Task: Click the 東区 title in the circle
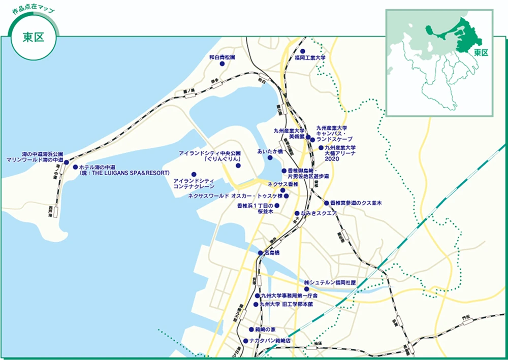coord(34,39)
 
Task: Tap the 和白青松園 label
coord(222,58)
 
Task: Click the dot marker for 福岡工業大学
coord(302,51)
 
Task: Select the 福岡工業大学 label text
coord(310,58)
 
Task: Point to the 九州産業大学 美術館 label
coord(288,134)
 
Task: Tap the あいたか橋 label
coord(270,151)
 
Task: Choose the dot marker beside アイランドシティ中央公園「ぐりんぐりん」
coord(238,166)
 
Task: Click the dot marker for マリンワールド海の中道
coord(67,162)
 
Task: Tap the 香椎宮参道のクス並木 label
coord(356,203)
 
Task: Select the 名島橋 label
coord(272,252)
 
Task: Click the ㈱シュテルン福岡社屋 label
coord(330,282)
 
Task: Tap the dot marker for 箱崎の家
coord(251,329)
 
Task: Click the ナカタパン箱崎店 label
coord(270,341)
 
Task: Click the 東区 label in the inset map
coord(481,52)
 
